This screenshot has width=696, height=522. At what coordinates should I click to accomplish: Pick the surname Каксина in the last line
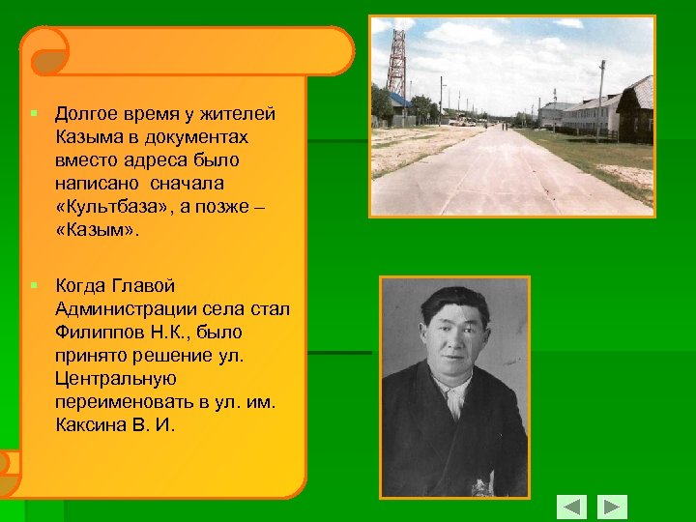tap(88, 424)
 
